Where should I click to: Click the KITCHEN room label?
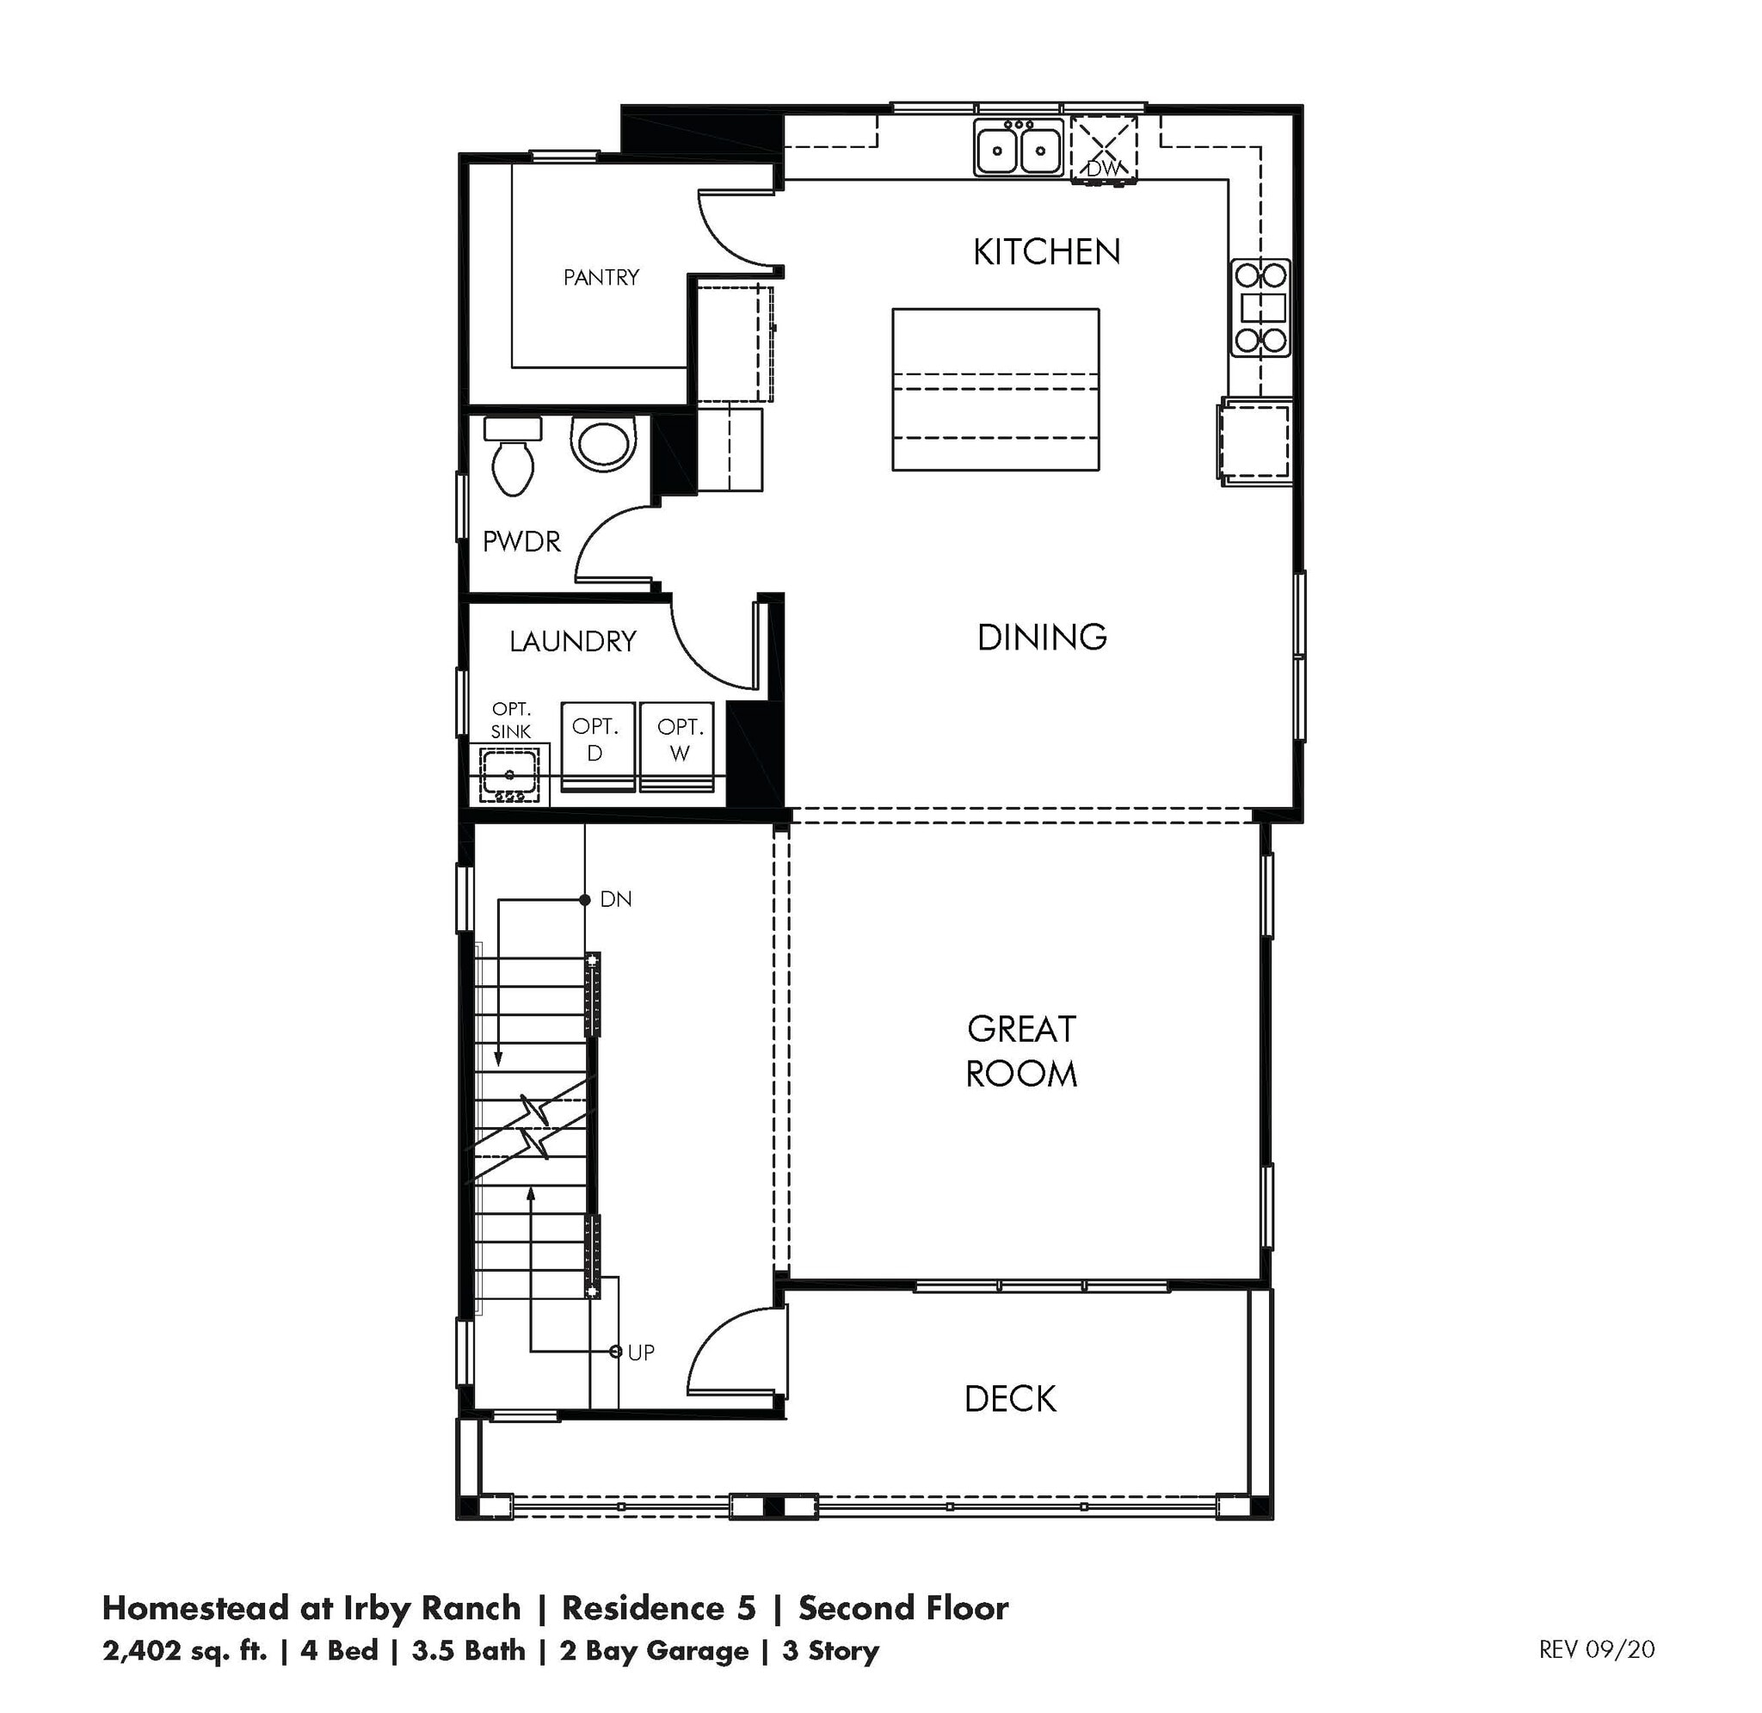[1047, 252]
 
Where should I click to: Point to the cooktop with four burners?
[1261, 307]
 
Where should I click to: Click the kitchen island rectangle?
[995, 389]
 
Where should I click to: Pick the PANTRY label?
[601, 277]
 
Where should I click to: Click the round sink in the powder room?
[603, 442]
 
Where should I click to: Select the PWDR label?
[521, 542]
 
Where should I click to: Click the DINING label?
[1042, 637]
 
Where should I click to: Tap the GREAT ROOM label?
[1022, 1051]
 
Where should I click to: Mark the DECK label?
[1010, 1399]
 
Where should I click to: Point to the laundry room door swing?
[711, 648]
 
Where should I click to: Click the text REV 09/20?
[1597, 1649]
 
